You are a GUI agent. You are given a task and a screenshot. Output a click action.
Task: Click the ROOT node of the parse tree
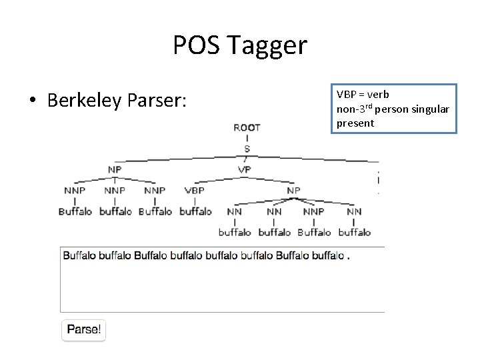point(247,127)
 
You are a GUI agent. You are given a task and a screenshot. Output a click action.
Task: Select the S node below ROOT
point(247,148)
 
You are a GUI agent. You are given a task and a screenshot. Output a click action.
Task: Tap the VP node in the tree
point(245,169)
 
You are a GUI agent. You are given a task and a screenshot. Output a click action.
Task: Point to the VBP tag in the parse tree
point(195,190)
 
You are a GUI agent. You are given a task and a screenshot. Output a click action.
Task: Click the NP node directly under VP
point(293,190)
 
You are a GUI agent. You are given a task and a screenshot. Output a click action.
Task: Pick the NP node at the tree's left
point(115,169)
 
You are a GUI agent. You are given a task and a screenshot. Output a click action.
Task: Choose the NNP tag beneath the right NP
point(314,211)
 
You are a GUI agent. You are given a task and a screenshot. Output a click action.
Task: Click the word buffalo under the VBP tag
point(195,211)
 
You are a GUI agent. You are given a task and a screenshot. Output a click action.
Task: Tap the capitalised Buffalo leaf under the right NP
point(314,233)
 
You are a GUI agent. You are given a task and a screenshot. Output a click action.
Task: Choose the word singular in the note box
point(431,109)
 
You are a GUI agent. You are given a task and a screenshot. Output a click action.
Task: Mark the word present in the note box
point(355,123)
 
